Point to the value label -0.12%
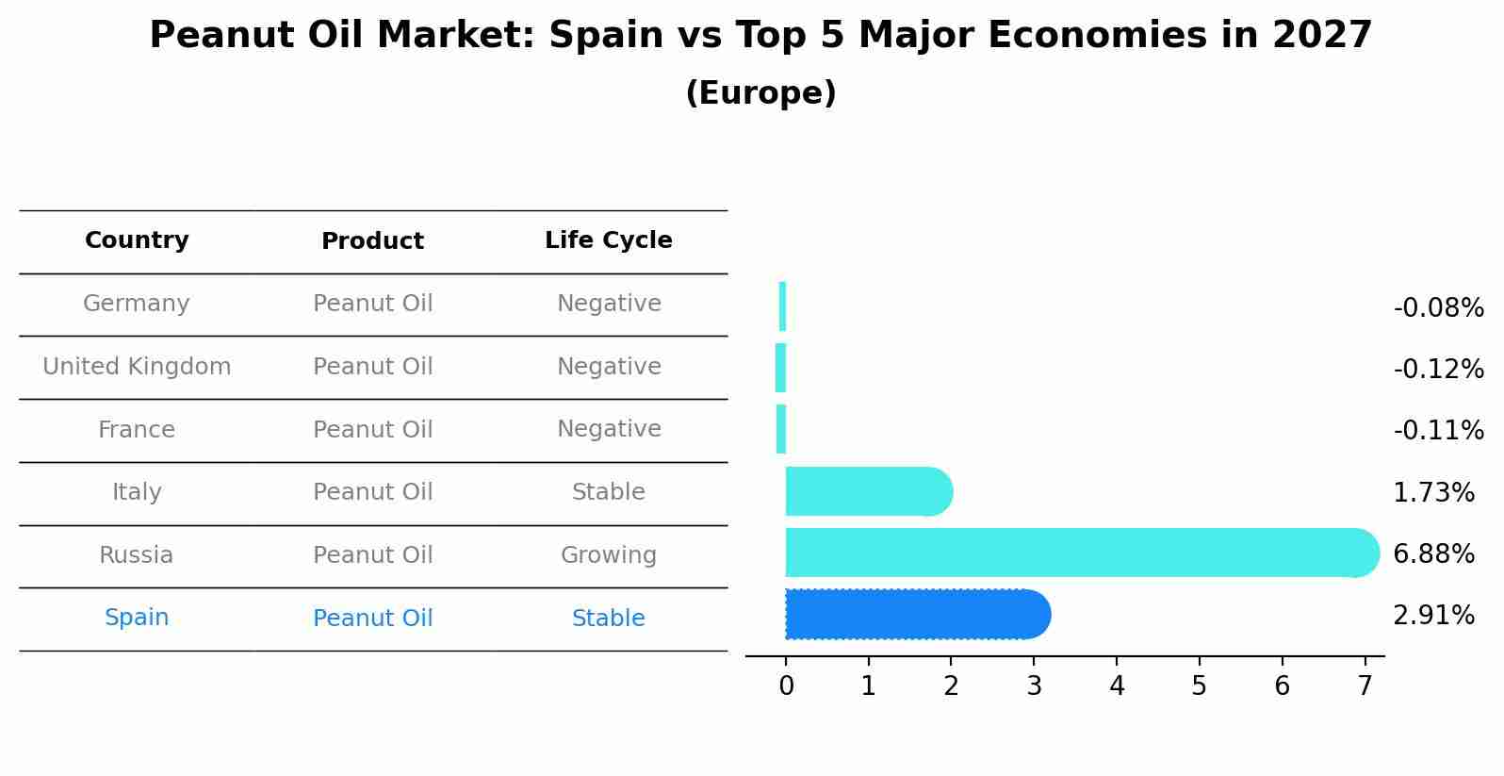pyautogui.click(x=1438, y=369)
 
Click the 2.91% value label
pyautogui.click(x=1433, y=616)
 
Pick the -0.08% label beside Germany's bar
pyautogui.click(x=1438, y=308)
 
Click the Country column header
pyautogui.click(x=137, y=240)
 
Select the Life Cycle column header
pyautogui.click(x=608, y=240)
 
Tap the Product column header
pyautogui.click(x=372, y=241)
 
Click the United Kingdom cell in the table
pyautogui.click(x=137, y=367)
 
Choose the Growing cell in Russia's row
pyautogui.click(x=608, y=555)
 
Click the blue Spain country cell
pyautogui.click(x=137, y=618)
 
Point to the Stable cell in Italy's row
pyautogui.click(x=608, y=492)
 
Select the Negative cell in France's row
pyautogui.click(x=608, y=429)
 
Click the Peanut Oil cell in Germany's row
pyautogui.click(x=372, y=304)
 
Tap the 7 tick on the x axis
pyautogui.click(x=1364, y=686)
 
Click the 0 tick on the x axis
pyautogui.click(x=786, y=686)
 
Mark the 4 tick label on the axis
pyautogui.click(x=1117, y=686)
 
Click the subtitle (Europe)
pyautogui.click(x=760, y=93)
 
